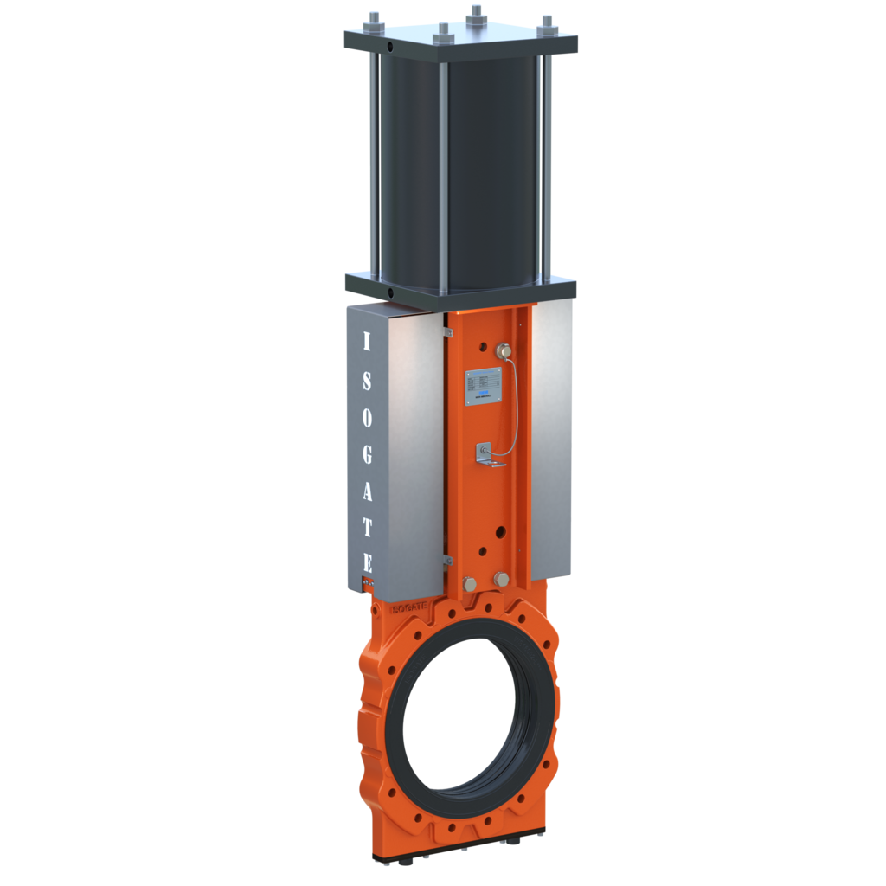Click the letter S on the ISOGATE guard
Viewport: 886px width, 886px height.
point(366,380)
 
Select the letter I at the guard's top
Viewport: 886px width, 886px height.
point(365,342)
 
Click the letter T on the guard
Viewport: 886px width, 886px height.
point(367,528)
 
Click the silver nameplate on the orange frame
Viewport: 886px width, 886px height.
point(481,386)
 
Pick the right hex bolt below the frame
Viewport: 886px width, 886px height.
point(501,579)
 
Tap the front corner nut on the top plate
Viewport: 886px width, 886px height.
point(442,31)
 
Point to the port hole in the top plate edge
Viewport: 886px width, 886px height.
point(391,46)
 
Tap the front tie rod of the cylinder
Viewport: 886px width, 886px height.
point(442,164)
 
